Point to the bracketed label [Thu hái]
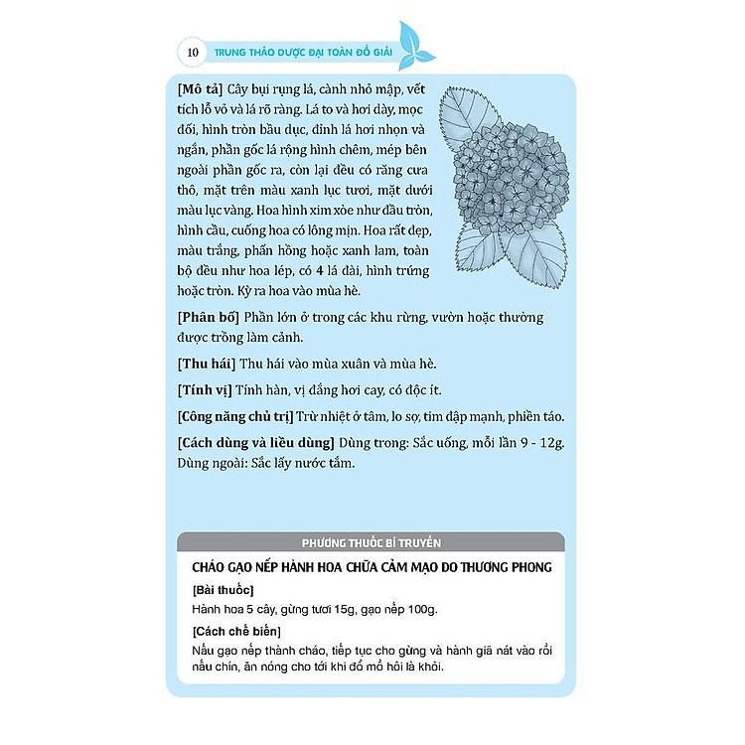coord(203,364)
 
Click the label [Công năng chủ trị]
coord(238,415)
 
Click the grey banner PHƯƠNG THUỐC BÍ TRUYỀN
coord(370,542)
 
